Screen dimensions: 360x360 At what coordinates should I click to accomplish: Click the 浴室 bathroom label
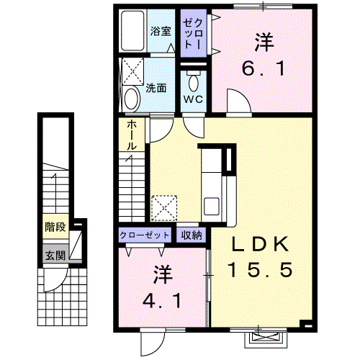(x=161, y=31)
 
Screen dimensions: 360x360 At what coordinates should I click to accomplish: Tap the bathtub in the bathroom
(x=132, y=30)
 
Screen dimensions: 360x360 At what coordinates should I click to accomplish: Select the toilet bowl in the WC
(x=194, y=81)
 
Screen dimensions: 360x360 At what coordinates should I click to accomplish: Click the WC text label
(x=193, y=99)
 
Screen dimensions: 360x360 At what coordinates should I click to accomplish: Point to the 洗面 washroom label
(x=156, y=89)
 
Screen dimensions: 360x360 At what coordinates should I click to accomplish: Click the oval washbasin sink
(x=132, y=99)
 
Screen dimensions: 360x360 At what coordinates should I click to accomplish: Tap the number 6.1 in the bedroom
(x=264, y=68)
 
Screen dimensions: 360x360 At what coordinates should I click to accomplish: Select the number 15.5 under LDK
(x=261, y=269)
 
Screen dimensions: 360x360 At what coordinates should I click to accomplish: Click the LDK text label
(x=260, y=244)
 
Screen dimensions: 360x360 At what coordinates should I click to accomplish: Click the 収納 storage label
(x=192, y=235)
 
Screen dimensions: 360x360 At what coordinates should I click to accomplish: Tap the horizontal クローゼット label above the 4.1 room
(x=145, y=235)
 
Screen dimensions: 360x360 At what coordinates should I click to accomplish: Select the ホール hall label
(x=132, y=135)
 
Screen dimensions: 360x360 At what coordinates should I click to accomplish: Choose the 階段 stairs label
(x=55, y=227)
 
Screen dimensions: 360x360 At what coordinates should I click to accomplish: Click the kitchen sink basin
(x=211, y=206)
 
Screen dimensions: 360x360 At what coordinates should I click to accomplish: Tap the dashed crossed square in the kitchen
(x=164, y=208)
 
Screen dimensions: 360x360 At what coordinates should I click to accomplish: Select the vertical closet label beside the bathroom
(x=194, y=34)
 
